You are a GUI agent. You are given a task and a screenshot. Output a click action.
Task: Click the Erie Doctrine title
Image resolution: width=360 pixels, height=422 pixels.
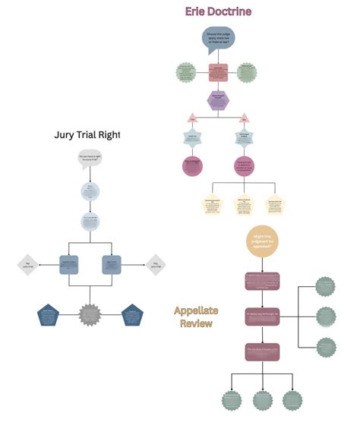(218, 11)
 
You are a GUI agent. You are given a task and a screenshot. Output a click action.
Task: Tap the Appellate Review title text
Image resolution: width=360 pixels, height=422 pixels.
(196, 316)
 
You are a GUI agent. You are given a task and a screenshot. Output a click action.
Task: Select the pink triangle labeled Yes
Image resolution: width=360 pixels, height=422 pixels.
(192, 118)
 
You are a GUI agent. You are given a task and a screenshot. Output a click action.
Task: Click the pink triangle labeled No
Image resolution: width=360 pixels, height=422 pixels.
(245, 118)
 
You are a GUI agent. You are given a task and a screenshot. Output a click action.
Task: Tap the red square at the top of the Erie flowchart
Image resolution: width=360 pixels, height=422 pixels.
(219, 73)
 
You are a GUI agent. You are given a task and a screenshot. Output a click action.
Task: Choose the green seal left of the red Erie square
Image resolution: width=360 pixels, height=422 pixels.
(185, 73)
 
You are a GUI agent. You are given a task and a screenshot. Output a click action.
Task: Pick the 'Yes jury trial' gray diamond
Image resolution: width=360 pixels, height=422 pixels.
(156, 264)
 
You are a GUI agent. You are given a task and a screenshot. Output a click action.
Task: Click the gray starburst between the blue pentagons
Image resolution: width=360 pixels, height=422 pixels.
(90, 313)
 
